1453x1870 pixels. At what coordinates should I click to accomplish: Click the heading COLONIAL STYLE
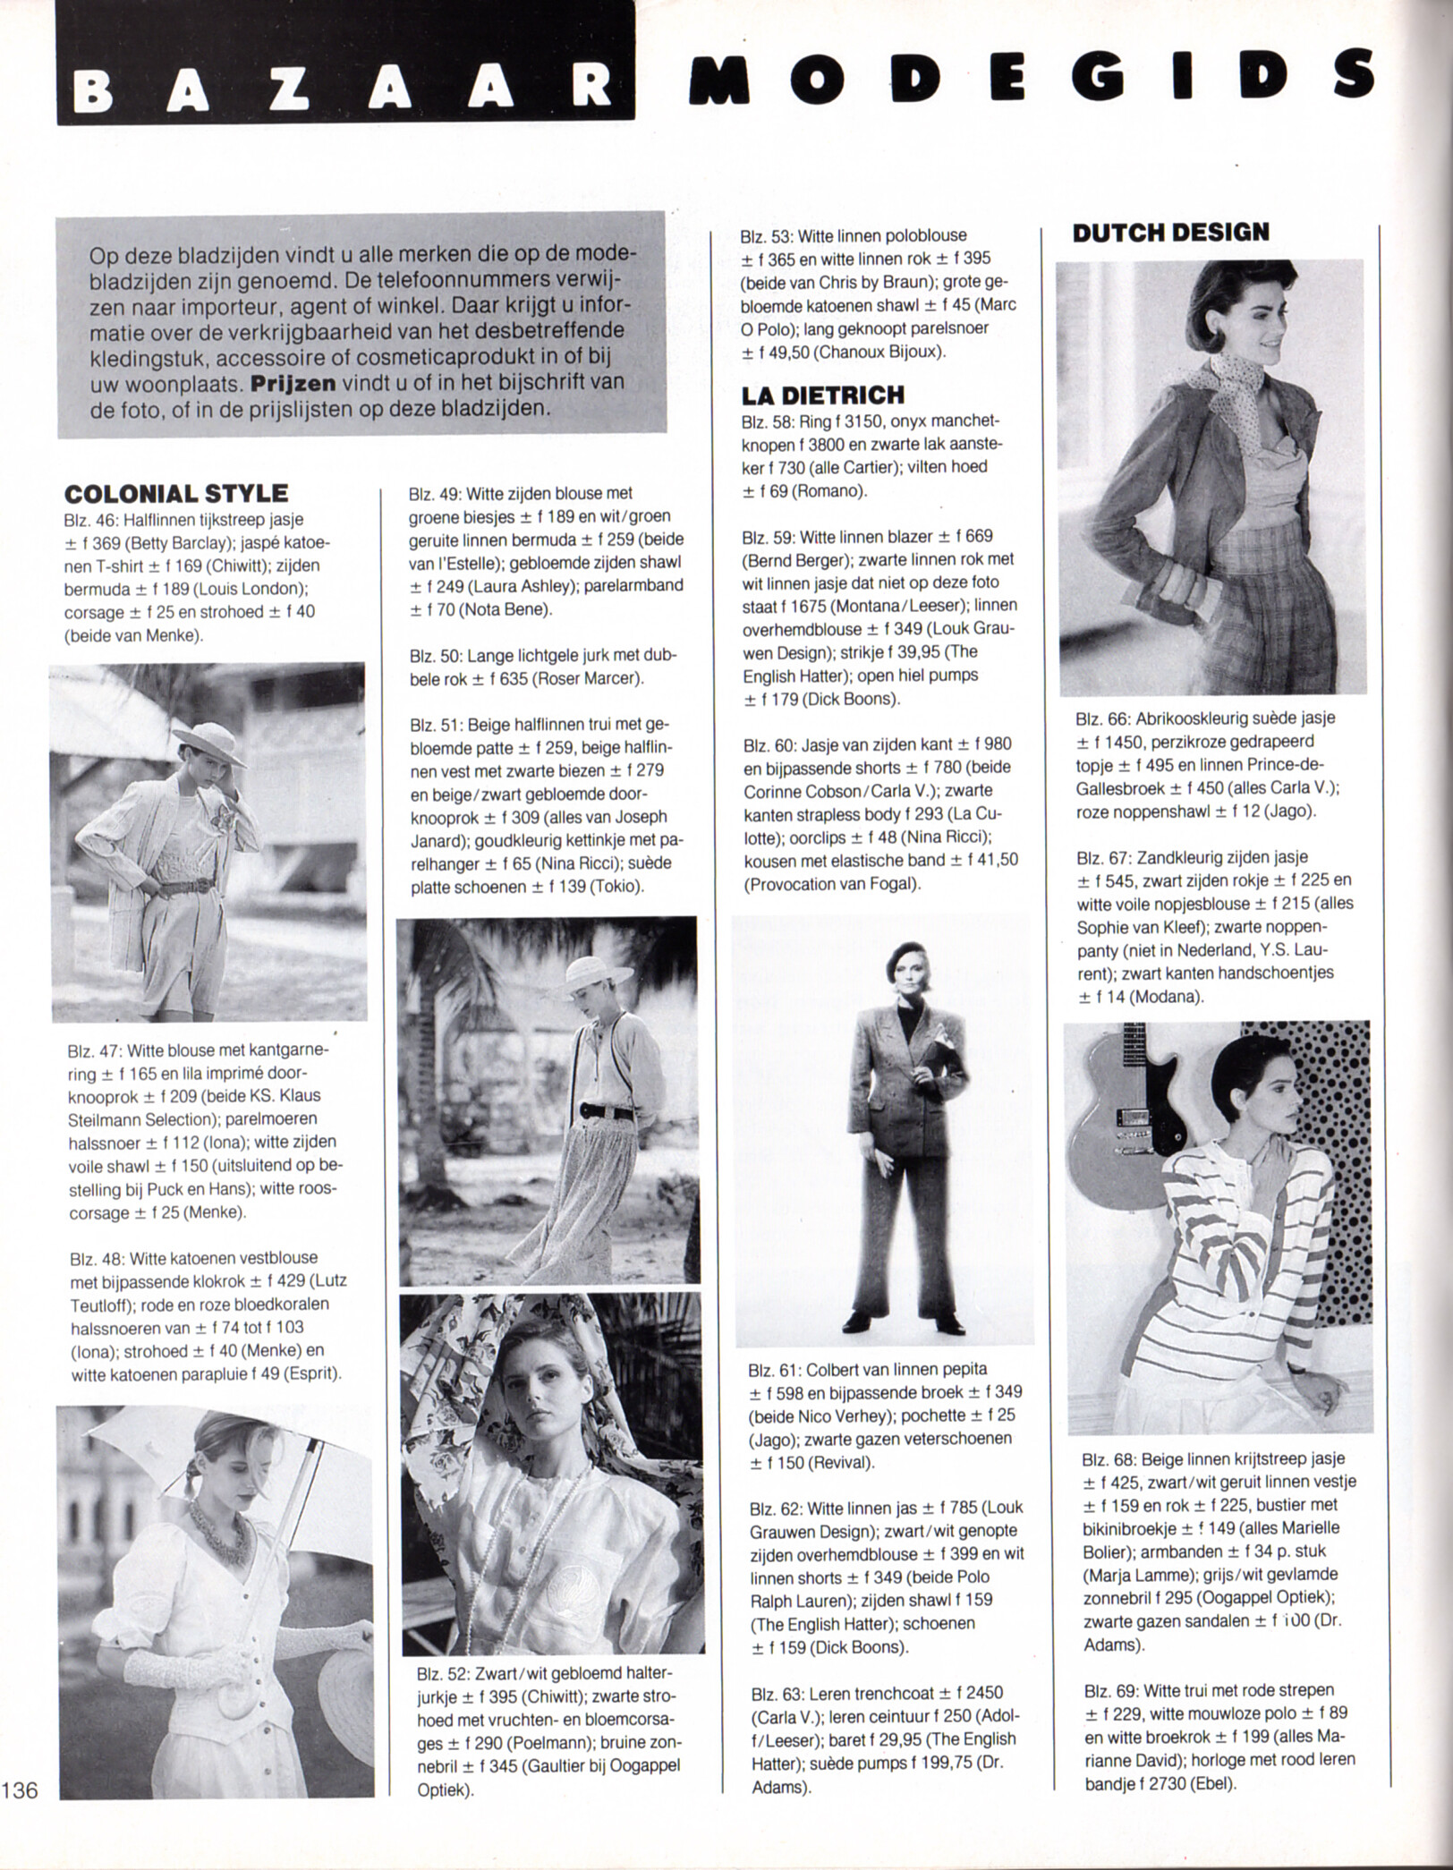click(x=176, y=493)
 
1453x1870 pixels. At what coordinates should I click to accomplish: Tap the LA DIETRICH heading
click(x=823, y=395)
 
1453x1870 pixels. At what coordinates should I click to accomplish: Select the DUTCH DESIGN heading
click(x=1170, y=233)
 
